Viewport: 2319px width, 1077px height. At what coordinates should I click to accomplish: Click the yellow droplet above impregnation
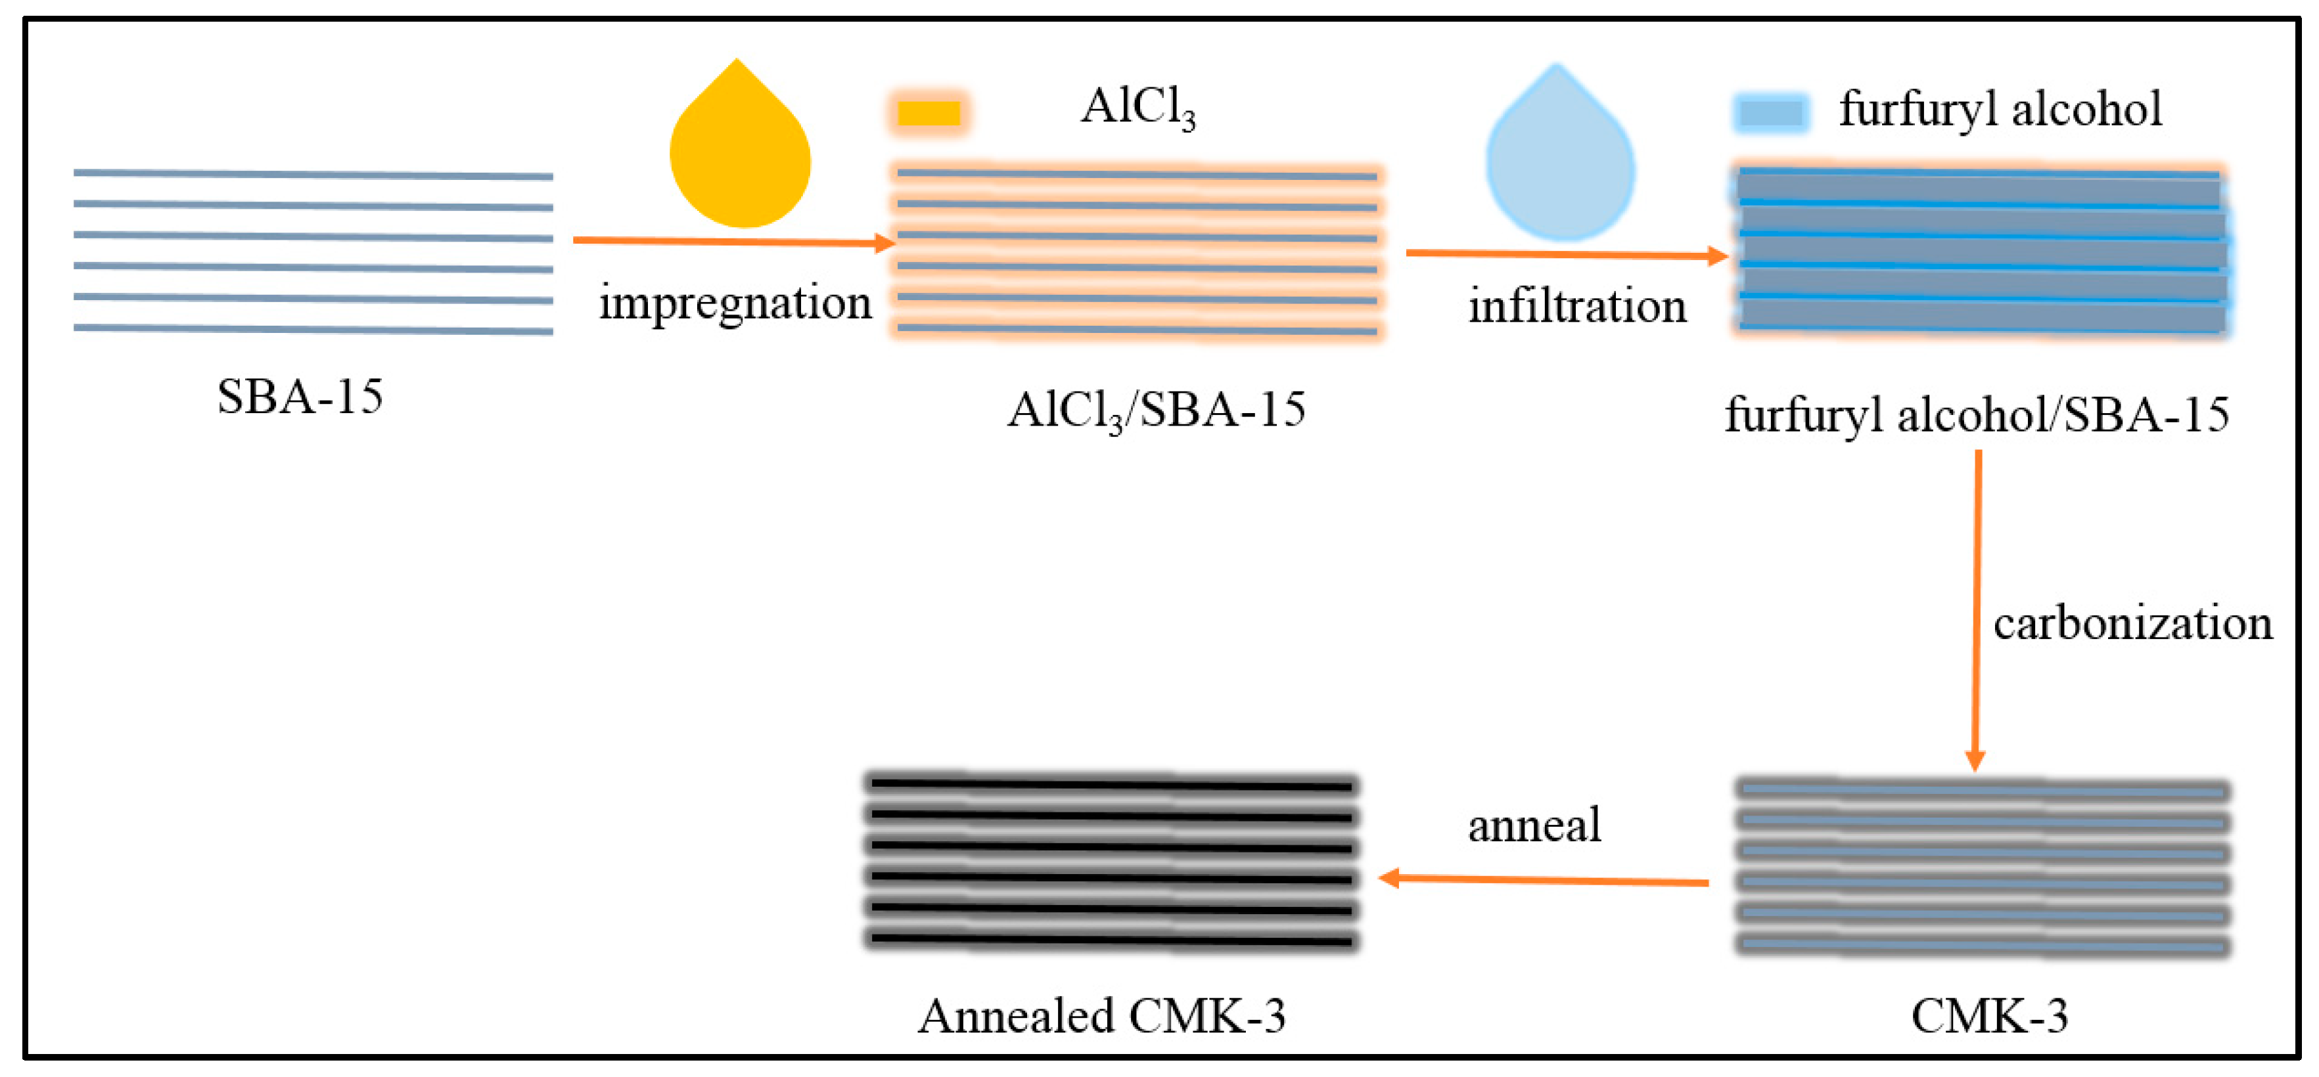tap(740, 153)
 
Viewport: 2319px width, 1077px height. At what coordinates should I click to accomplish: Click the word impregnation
tap(735, 302)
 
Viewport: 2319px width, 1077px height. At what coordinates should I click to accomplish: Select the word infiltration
tap(1577, 307)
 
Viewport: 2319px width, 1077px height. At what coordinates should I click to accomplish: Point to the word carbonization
tap(2132, 623)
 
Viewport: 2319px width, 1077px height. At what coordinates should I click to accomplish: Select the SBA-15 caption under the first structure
tap(300, 396)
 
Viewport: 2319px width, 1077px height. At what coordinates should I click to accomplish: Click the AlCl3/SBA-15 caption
tap(1156, 411)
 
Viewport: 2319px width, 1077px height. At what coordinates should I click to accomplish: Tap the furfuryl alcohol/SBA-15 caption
tap(1976, 415)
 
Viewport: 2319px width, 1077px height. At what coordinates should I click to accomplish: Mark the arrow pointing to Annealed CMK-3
tap(1543, 880)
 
